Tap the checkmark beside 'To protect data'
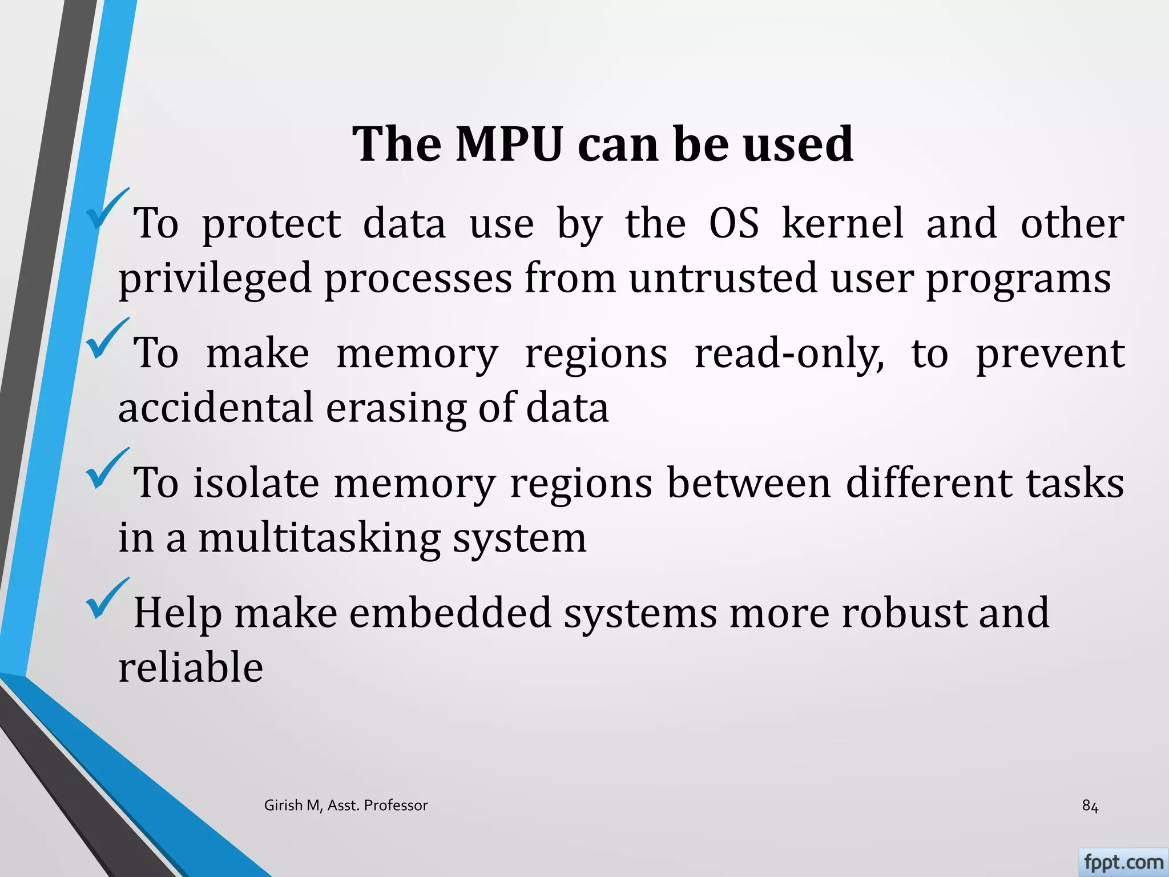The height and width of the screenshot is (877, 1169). pos(107,210)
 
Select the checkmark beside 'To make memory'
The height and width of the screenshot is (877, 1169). pos(107,340)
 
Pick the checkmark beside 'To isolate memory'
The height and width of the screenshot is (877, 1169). pos(107,469)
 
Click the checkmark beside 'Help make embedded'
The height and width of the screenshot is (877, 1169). pos(107,599)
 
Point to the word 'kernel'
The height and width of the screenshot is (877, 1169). pos(843,223)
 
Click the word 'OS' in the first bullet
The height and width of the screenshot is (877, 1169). pos(734,223)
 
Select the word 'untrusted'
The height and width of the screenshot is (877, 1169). pos(723,278)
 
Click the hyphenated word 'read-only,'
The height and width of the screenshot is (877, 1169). pos(789,354)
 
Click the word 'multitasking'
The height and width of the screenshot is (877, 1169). pos(319,539)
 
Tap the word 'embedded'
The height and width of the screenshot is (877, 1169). pos(450,612)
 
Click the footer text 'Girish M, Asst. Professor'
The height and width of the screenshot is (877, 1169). pos(345,806)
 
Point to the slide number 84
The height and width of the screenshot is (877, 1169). pos(1090,806)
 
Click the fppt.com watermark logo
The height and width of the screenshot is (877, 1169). pos(1123,862)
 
